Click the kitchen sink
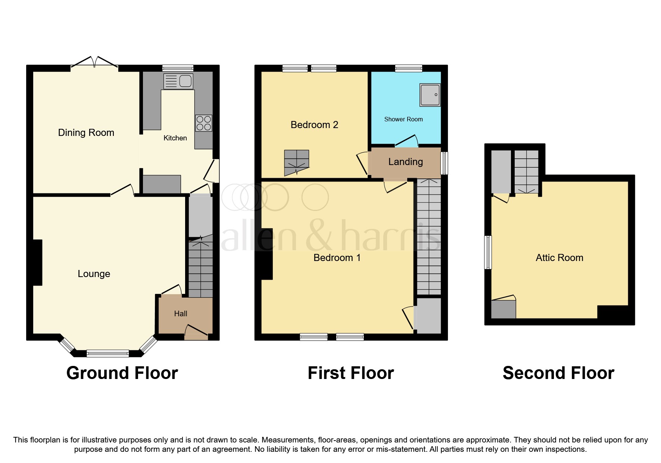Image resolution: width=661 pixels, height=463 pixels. pos(178,81)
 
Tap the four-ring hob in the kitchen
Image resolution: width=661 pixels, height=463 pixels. pos(203,123)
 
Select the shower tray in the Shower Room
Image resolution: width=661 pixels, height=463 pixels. pos(430,94)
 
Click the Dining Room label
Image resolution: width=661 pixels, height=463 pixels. pos(86,133)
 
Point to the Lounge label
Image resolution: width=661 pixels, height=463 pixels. pos(94,274)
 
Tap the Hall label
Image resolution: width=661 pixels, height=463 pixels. pos(181,314)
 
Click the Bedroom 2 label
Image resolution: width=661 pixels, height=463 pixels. pos(314,125)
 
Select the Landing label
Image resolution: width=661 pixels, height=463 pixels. pos(405,162)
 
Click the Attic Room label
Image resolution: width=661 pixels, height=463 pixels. pos(559,258)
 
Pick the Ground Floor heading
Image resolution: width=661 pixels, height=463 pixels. pos(122,373)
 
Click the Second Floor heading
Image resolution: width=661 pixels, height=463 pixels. pos(558,373)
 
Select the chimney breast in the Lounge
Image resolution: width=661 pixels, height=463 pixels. pos(38,262)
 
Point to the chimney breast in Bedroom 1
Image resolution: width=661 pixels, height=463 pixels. pos(266,254)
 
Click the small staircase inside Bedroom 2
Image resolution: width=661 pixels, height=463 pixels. pos(296,162)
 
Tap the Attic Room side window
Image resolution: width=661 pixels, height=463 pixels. pos(487,252)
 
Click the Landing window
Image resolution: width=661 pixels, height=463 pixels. pos(444,163)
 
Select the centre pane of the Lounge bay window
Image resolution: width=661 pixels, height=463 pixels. pos(107,353)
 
